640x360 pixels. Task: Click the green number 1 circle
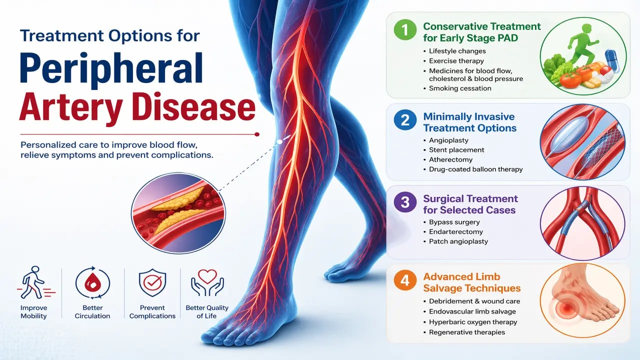click(405, 31)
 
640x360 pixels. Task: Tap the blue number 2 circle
click(405, 120)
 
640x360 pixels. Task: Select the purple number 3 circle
click(405, 202)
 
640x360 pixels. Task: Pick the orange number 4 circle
click(405, 281)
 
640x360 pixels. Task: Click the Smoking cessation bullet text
click(460, 88)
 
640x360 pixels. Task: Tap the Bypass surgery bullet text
click(454, 222)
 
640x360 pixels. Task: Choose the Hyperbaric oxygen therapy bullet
click(473, 322)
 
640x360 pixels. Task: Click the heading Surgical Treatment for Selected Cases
click(470, 204)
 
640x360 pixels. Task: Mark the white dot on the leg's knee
click(280, 141)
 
